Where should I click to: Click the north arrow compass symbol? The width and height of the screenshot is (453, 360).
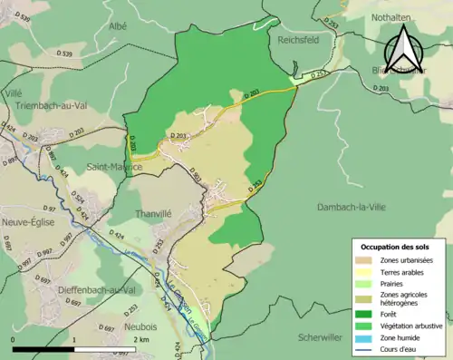405,45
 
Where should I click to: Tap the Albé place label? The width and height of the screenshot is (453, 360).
119,27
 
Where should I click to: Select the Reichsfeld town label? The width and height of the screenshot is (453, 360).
294,41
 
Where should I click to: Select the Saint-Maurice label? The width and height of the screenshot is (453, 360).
114,167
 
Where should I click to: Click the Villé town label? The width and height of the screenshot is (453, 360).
14,92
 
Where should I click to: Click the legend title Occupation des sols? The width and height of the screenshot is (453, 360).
396,247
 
